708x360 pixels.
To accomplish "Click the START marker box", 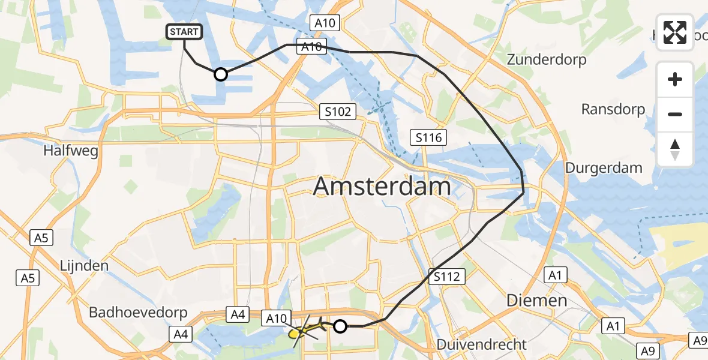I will (x=185, y=32).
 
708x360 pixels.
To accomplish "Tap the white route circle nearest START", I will (x=221, y=74).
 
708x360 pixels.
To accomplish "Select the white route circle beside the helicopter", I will (x=340, y=326).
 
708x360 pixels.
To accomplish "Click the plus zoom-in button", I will (x=675, y=79).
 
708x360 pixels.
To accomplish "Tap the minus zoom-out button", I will (x=675, y=114).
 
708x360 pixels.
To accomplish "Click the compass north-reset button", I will (x=675, y=149).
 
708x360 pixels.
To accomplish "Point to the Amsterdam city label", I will (x=382, y=187).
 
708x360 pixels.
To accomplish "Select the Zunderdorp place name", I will (x=546, y=60).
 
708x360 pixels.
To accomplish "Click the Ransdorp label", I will (x=613, y=109).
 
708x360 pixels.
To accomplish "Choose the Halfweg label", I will (x=71, y=151).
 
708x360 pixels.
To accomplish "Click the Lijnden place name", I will (x=84, y=265).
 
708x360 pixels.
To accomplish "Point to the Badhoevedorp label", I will (x=138, y=313).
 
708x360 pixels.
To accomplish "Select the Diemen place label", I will (x=536, y=300).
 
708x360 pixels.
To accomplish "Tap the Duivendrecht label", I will (x=482, y=345).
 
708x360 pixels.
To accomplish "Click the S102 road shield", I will (x=338, y=111).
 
